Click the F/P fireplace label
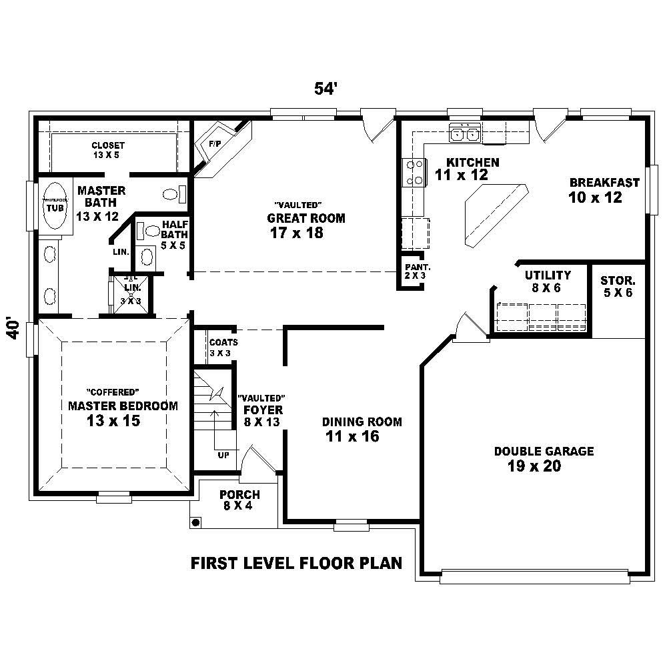pyautogui.click(x=215, y=144)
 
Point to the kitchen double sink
pyautogui.click(x=465, y=134)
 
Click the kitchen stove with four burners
pyautogui.click(x=414, y=171)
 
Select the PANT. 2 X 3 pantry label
pyautogui.click(x=412, y=270)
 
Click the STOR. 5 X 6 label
pyautogui.click(x=618, y=286)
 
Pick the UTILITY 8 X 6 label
pyautogui.click(x=547, y=280)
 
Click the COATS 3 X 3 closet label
pyautogui.click(x=223, y=347)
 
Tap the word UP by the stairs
pyautogui.click(x=223, y=456)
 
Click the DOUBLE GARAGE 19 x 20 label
pyautogui.click(x=543, y=459)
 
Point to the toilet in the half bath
pyautogui.click(x=151, y=231)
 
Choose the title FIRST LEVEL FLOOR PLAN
pyautogui.click(x=297, y=563)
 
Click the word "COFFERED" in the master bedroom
pyautogui.click(x=113, y=392)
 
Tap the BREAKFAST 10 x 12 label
pyautogui.click(x=604, y=190)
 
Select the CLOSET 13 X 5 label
pyautogui.click(x=108, y=149)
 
